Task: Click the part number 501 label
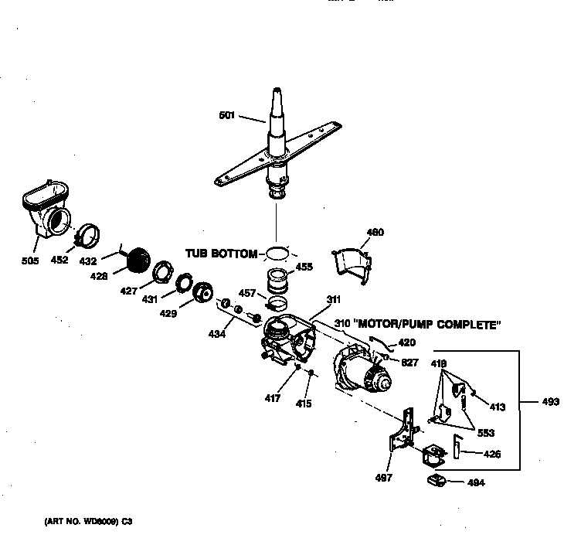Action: tap(226, 116)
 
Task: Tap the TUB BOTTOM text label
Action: tap(220, 254)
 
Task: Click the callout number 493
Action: tap(552, 401)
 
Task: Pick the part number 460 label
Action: tap(375, 232)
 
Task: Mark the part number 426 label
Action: tap(491, 454)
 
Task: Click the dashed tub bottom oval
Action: tap(278, 252)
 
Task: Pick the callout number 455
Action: tap(304, 267)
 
